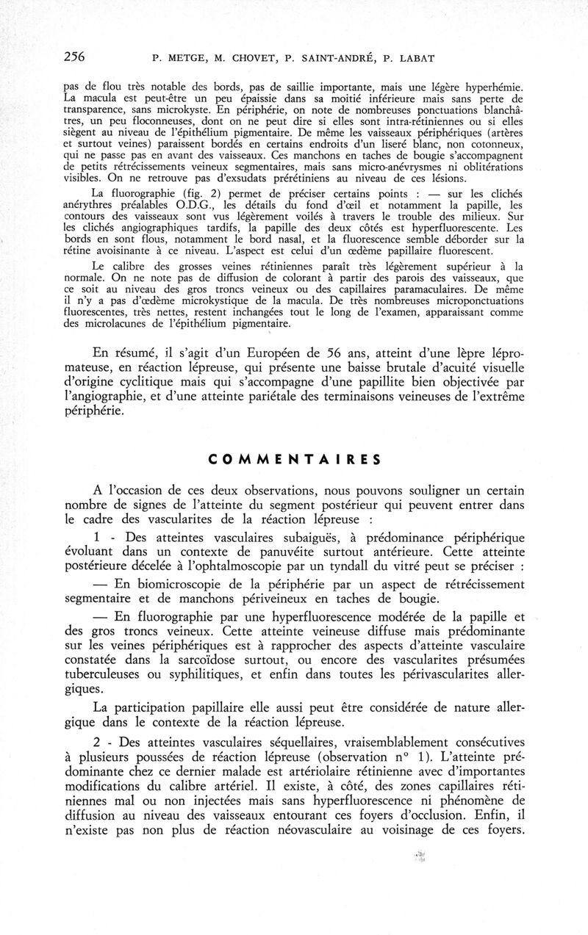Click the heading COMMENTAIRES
[295, 461]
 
